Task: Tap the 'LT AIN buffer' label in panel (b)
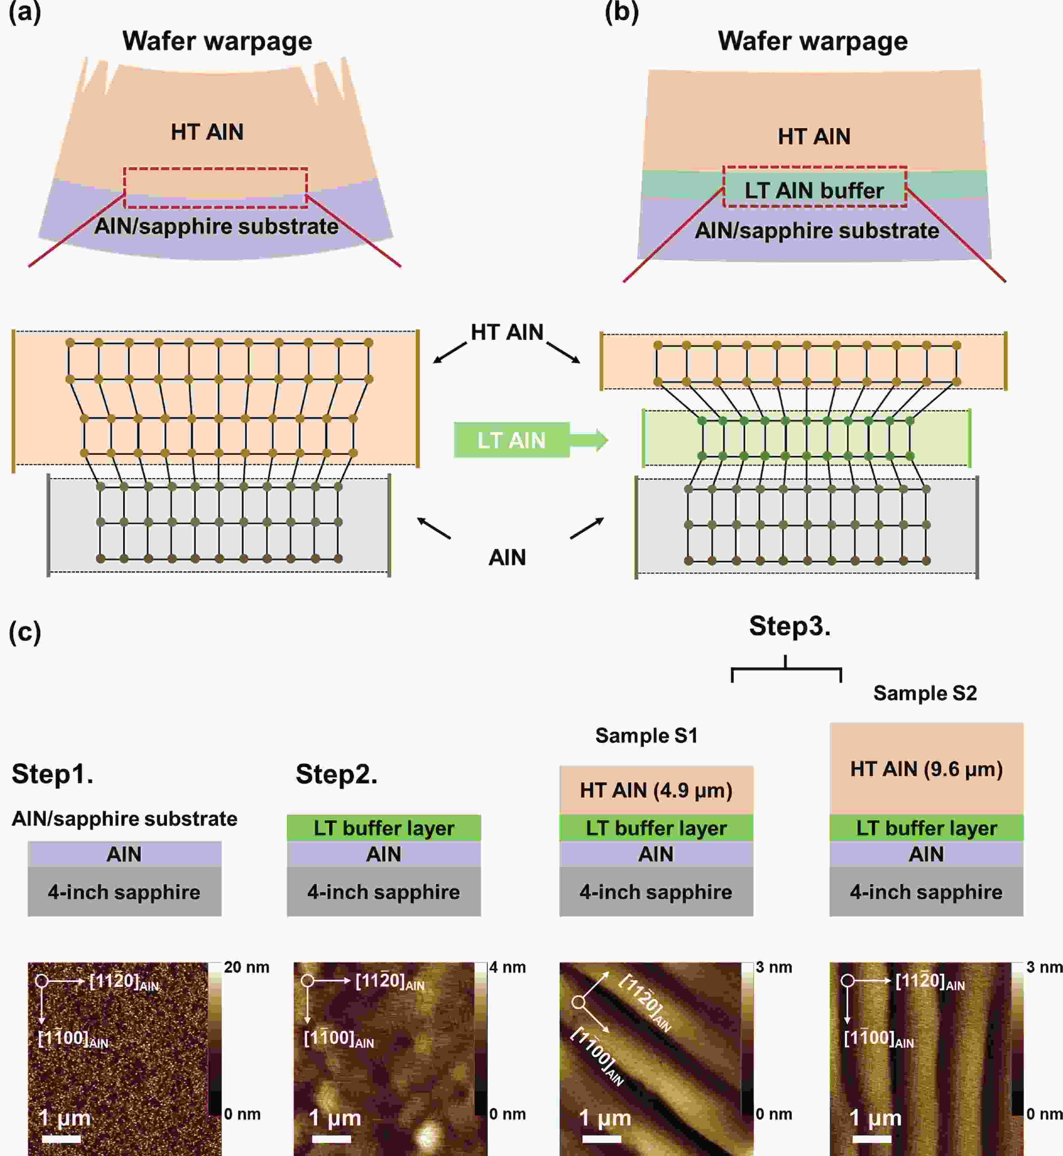coord(814,190)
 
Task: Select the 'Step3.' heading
coord(790,626)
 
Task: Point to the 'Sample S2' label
coord(925,693)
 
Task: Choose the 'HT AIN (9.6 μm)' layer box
coord(926,769)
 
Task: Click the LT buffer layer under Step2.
coord(384,828)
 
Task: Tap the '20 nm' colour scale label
coord(246,967)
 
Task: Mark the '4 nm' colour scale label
coord(507,967)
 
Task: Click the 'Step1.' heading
coord(52,774)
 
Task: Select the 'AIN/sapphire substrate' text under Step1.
coord(124,818)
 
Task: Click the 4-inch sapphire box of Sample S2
coord(926,891)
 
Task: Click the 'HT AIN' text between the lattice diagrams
coord(507,332)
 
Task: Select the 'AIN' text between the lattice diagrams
coord(507,557)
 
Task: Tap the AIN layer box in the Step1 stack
coord(124,854)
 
